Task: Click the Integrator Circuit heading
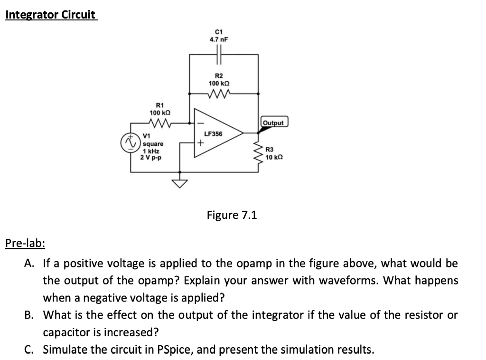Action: click(x=50, y=15)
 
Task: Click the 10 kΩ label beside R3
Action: click(x=275, y=157)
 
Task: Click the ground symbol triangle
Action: click(x=179, y=183)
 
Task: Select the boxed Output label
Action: click(x=274, y=123)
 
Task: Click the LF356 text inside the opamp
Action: click(x=213, y=134)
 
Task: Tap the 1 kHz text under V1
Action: click(x=151, y=150)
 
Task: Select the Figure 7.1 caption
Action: click(x=232, y=215)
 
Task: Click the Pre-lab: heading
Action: click(x=25, y=244)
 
